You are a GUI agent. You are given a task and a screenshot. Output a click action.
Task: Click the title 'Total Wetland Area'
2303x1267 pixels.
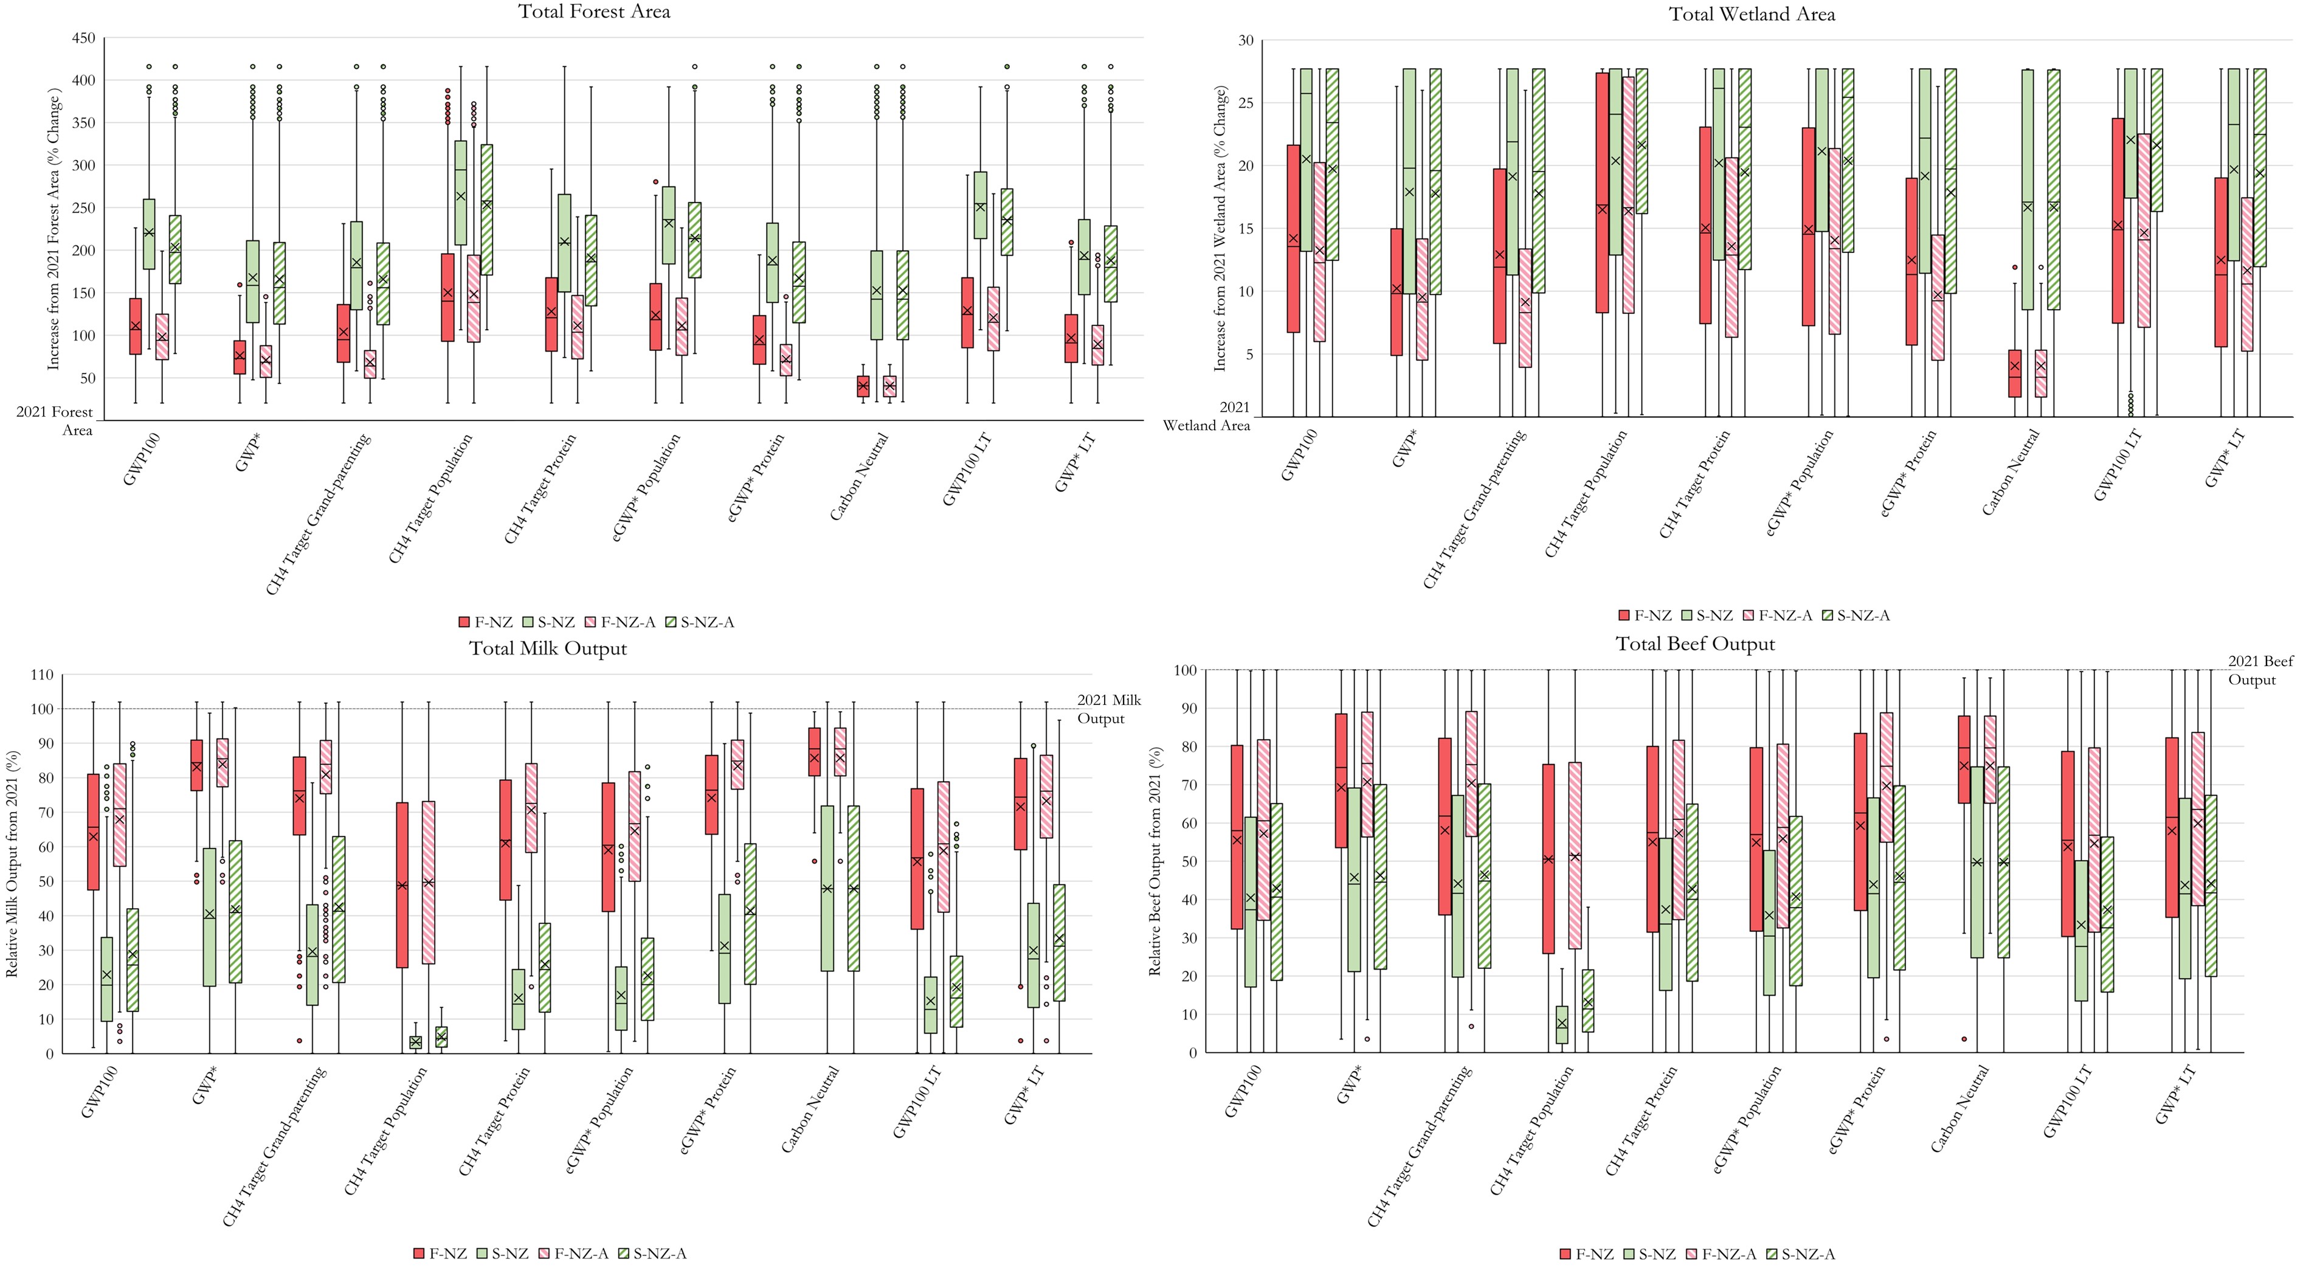click(1752, 15)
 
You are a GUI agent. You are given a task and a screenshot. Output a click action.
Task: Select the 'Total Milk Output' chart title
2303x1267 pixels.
click(548, 648)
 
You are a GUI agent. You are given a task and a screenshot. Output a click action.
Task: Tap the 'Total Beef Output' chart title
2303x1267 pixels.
click(1695, 644)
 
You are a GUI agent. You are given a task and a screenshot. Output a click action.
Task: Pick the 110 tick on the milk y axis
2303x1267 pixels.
click(42, 675)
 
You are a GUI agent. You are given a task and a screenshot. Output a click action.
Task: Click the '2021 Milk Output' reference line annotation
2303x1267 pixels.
click(1108, 709)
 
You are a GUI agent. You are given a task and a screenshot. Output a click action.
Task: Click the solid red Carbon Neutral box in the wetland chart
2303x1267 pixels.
click(2014, 373)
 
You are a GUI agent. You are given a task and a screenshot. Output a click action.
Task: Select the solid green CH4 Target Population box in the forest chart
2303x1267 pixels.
click(460, 192)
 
